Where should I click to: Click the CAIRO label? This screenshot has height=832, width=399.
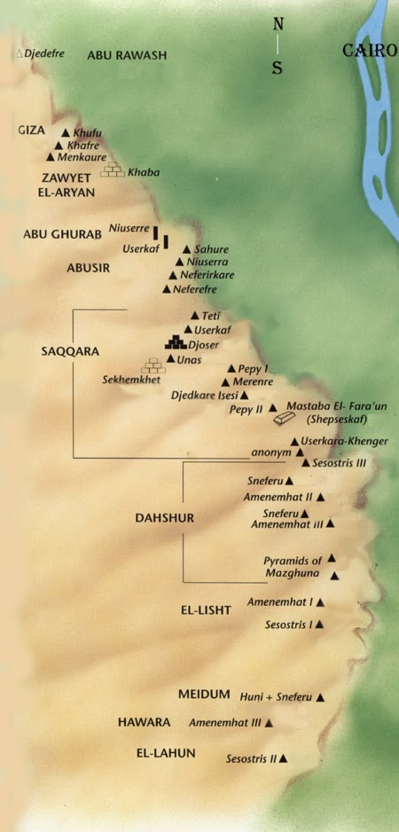tap(370, 51)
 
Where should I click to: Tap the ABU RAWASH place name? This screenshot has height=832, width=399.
tap(127, 55)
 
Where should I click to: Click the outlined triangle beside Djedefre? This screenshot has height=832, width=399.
tap(20, 54)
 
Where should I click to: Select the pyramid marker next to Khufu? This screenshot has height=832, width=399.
tap(65, 132)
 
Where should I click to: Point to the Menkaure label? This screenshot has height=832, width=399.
tap(82, 157)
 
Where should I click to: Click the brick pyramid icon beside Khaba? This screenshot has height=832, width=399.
tap(113, 169)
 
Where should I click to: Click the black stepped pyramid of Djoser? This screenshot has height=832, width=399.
tap(175, 341)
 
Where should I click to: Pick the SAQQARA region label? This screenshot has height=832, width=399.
tap(62, 350)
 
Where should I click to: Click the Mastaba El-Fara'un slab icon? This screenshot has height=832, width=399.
tap(285, 418)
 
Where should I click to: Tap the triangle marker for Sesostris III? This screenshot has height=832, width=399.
tap(305, 463)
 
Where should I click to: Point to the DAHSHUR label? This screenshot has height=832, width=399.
tap(164, 517)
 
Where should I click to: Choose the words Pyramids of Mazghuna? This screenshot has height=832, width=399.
tap(293, 567)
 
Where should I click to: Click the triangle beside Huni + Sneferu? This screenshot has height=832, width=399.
tap(320, 698)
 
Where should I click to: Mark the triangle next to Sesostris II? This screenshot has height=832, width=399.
tap(284, 759)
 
